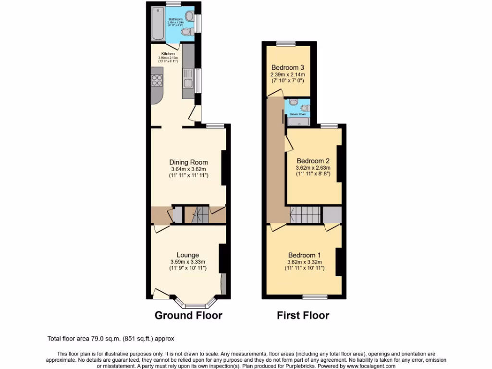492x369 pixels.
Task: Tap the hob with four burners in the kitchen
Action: tap(157, 81)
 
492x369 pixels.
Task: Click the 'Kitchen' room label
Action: tap(168, 53)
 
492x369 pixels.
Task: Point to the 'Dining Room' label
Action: tap(188, 162)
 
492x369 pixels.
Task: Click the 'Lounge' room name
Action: tap(187, 255)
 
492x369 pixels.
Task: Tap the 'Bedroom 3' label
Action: tap(288, 68)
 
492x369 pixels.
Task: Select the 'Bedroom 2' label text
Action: tap(313, 160)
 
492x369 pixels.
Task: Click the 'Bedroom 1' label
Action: tap(304, 255)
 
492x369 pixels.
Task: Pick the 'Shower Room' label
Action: tap(297, 114)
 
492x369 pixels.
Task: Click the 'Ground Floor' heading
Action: tap(188, 316)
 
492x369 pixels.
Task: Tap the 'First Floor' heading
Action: tap(303, 316)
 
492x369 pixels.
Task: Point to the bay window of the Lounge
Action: tap(195, 304)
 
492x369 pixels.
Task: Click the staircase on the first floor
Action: tap(306, 214)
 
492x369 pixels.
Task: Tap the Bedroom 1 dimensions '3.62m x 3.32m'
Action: tap(304, 262)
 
